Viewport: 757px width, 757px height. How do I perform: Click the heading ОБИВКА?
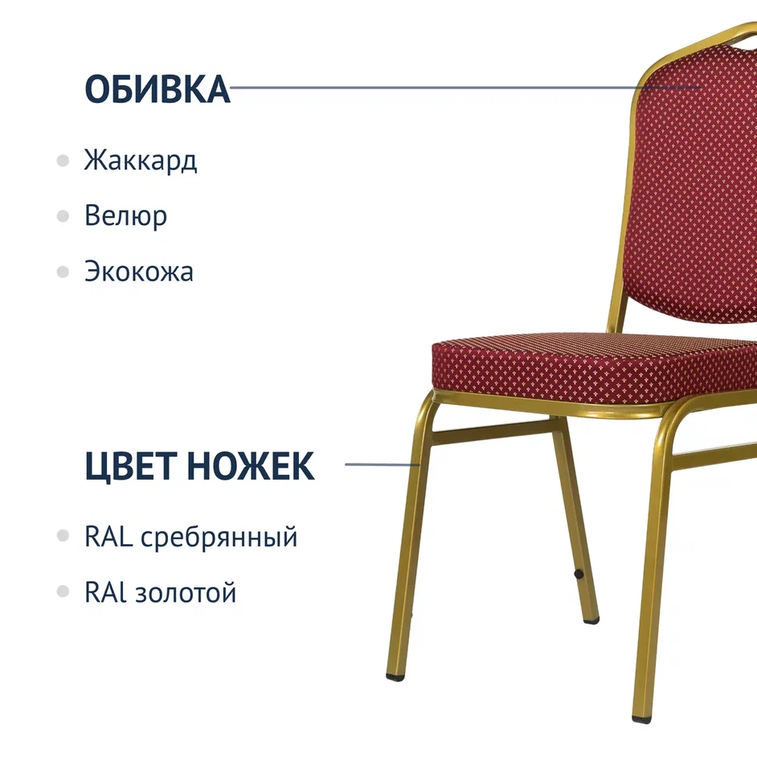click(158, 89)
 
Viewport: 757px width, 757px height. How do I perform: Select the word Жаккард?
click(141, 160)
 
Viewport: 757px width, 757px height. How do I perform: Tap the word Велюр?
click(126, 216)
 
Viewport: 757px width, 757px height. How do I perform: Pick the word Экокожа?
click(139, 272)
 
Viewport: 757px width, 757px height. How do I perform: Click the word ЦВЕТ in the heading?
click(130, 466)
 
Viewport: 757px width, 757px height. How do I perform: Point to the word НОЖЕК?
click(251, 465)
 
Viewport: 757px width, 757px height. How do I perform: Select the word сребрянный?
click(219, 538)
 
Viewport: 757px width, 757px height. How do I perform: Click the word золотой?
click(186, 592)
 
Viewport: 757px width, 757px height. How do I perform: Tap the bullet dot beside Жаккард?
click(63, 160)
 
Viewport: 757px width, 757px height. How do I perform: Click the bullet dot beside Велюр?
click(63, 216)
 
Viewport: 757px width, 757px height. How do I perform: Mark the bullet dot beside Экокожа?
click(63, 272)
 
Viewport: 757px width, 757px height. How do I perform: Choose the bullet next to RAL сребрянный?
click(63, 535)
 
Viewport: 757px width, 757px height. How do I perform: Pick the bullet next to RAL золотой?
click(63, 591)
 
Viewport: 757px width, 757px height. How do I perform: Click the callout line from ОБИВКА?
click(466, 88)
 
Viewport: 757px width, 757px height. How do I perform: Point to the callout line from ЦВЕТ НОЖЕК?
click(383, 464)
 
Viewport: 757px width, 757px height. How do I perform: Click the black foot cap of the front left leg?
click(395, 677)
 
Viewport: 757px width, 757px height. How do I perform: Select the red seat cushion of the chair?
click(595, 368)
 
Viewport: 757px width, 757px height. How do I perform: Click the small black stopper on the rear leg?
click(579, 574)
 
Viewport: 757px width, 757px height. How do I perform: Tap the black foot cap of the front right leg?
click(641, 720)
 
